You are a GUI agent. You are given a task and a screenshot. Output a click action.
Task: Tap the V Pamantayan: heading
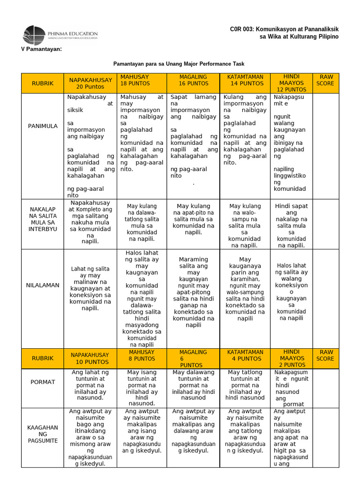[42, 50]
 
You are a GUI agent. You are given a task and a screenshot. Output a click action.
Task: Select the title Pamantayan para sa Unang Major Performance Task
[179, 64]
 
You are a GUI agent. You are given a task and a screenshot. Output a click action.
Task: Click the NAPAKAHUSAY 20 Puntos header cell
[90, 83]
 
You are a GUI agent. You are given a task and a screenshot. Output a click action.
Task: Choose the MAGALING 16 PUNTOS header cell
[193, 80]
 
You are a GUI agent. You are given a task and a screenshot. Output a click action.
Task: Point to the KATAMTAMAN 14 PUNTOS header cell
[245, 80]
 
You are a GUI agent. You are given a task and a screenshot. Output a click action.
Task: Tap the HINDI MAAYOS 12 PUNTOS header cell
[291, 83]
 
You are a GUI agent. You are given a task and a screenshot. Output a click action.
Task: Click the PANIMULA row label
[43, 126]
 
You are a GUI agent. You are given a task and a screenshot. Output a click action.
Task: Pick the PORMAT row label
[43, 382]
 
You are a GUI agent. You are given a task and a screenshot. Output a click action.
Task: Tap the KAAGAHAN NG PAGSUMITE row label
[43, 434]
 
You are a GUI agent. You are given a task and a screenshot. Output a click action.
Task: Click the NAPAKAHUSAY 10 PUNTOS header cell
[90, 359]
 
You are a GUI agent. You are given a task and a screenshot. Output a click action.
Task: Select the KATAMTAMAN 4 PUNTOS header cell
[245, 359]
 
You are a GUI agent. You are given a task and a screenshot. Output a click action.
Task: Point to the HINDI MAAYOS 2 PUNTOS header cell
[291, 359]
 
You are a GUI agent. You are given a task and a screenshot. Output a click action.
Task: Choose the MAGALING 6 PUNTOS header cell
[193, 359]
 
